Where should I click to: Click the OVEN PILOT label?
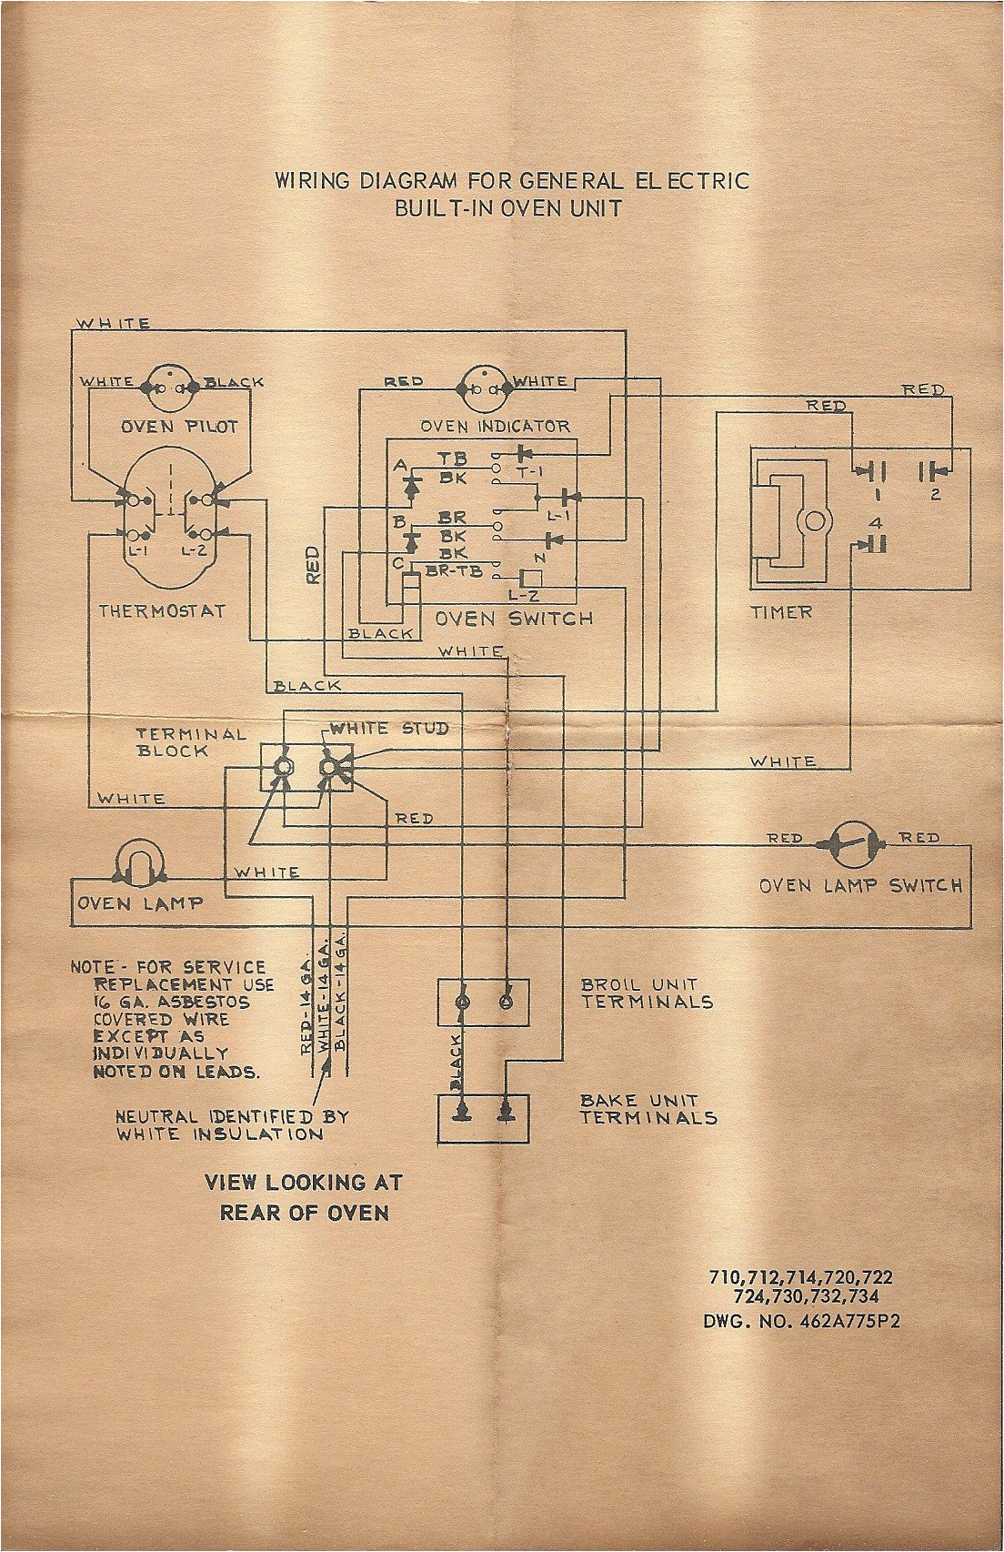click(x=179, y=427)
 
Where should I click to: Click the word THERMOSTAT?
click(x=162, y=611)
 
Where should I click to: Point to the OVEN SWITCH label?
click(x=514, y=619)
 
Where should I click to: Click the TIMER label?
click(x=781, y=612)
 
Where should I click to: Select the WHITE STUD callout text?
click(x=389, y=729)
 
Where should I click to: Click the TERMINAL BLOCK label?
click(x=191, y=742)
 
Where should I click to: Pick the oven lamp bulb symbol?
click(x=140, y=861)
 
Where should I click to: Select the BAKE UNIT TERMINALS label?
click(x=648, y=1109)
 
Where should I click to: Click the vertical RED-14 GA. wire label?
click(x=306, y=1005)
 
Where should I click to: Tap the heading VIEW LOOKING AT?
click(x=303, y=1183)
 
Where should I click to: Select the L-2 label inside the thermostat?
click(x=193, y=551)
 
